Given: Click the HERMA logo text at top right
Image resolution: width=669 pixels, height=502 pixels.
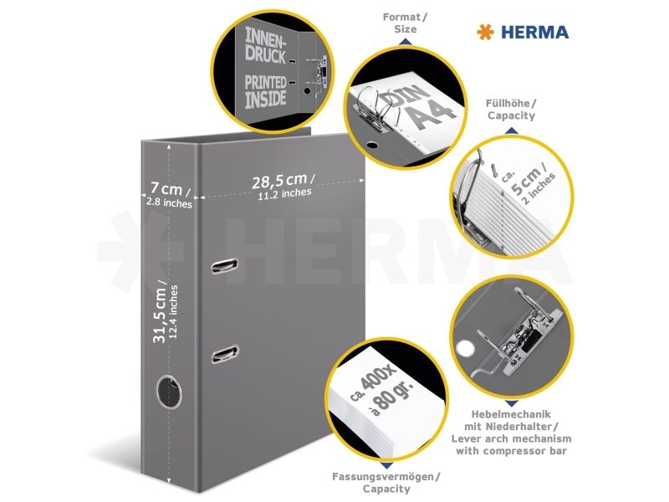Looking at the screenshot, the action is pos(534,33).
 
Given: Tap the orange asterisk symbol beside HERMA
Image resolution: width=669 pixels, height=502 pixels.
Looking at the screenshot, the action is pos(485,33).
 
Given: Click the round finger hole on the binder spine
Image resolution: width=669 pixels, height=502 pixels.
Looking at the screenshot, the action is pos(169,392).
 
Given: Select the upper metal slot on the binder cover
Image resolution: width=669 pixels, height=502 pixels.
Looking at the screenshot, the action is pos(224,265).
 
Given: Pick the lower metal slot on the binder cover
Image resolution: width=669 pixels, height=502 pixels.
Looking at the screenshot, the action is pos(225,354).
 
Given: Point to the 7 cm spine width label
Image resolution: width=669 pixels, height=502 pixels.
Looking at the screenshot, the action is pos(169,195).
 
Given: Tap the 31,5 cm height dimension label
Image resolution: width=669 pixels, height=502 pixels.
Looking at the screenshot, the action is pos(166,311).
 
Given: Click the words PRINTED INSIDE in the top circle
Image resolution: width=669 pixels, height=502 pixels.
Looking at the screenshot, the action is pos(265,91).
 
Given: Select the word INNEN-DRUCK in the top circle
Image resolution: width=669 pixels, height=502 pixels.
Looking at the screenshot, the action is pos(264,45).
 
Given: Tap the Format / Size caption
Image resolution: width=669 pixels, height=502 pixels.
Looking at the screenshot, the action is pos(405,23).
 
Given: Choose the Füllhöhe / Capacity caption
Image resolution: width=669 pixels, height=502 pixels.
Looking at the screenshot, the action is pos(511,110).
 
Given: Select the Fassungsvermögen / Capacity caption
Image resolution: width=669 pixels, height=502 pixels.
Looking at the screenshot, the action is pos(386,483).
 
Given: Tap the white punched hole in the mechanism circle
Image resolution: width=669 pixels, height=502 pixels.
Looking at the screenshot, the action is pos(465,348).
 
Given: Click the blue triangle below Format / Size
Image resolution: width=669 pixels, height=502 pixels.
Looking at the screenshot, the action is pos(405,41).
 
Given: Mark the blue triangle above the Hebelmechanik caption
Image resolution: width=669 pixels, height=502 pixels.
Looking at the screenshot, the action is pos(512,403).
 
